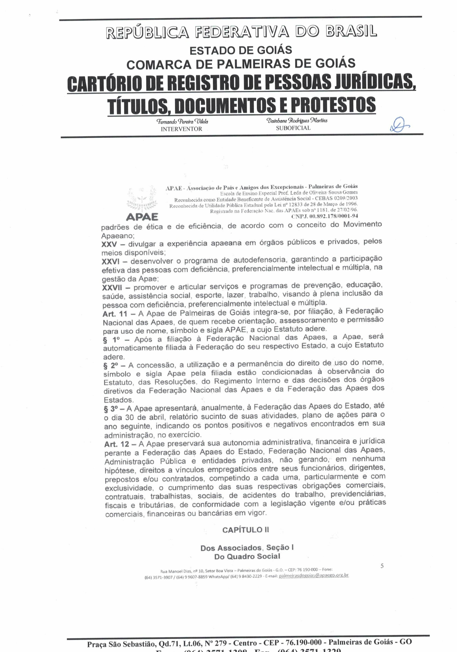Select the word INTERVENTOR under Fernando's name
click(181, 129)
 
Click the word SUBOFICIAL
click(293, 128)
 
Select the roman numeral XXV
click(109, 244)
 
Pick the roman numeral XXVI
click(111, 262)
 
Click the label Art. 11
click(115, 314)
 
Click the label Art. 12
click(117, 444)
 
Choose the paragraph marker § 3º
click(113, 409)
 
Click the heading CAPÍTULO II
click(245, 530)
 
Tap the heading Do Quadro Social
click(247, 556)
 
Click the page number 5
click(382, 566)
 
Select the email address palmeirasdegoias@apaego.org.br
click(313, 575)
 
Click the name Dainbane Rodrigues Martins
click(297, 121)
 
